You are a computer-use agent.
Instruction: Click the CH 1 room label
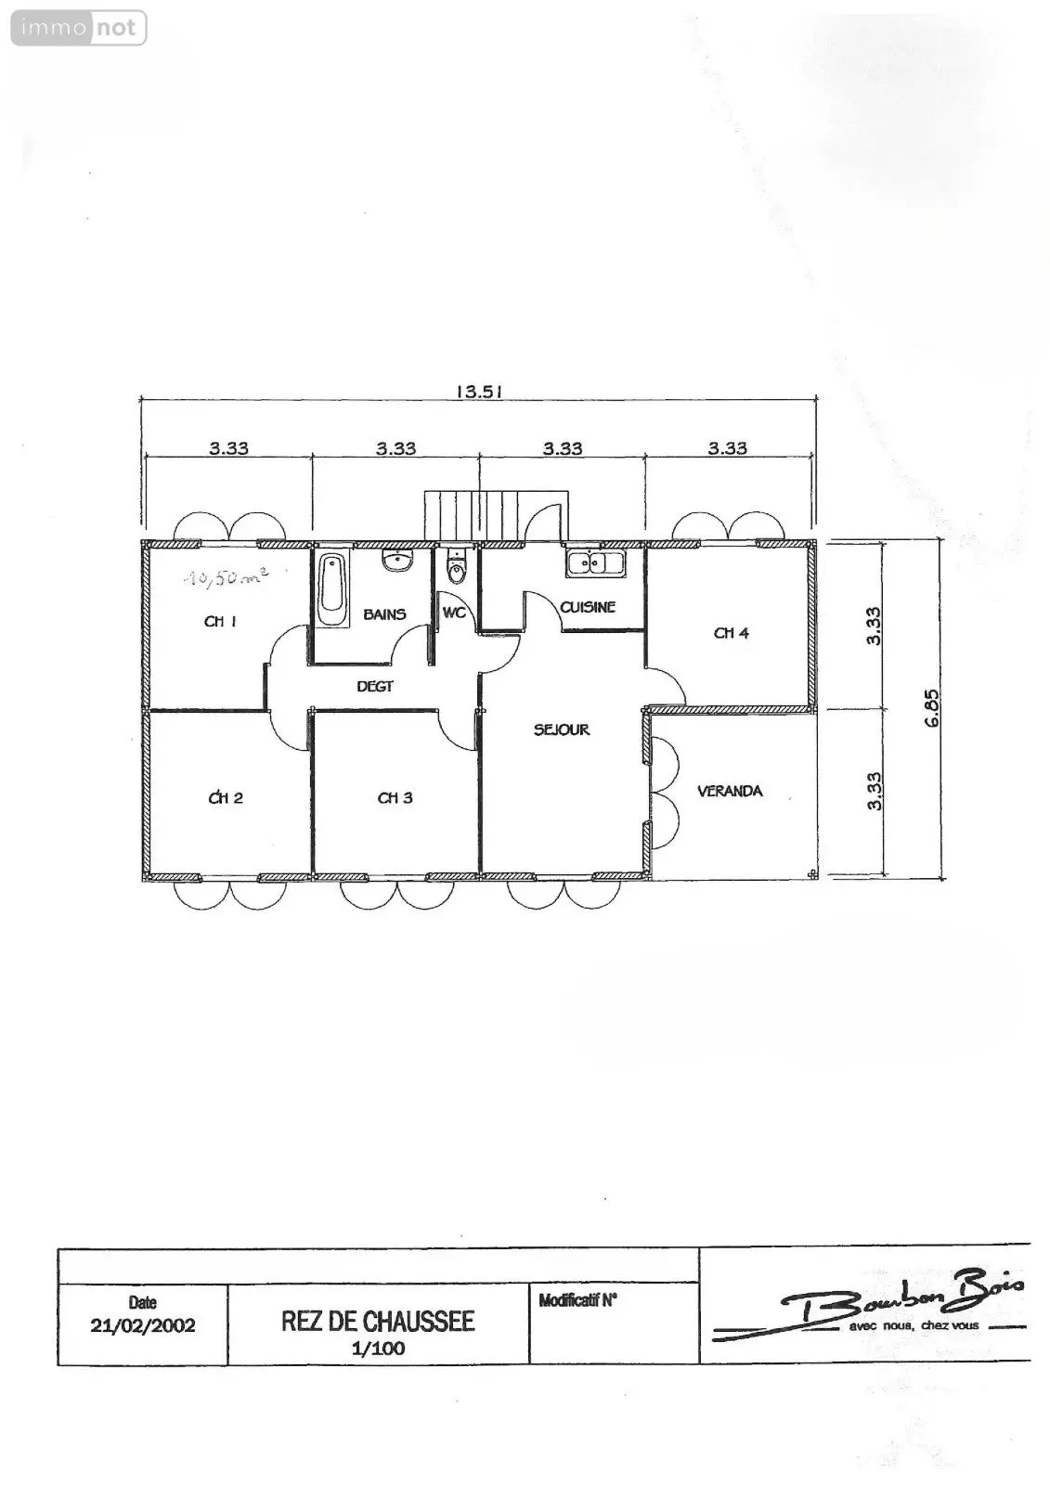click(x=220, y=621)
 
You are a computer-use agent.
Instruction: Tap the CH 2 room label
click(x=226, y=797)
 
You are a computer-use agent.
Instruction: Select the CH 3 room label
click(x=395, y=797)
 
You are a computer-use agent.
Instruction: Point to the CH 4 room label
click(x=731, y=633)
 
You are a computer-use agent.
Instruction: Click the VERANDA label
click(x=730, y=791)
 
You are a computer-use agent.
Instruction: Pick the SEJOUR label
click(x=562, y=730)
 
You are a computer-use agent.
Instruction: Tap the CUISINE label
click(x=588, y=607)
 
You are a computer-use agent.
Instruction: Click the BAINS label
click(x=384, y=614)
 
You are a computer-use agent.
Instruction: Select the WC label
click(x=454, y=613)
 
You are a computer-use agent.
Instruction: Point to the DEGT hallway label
click(x=375, y=686)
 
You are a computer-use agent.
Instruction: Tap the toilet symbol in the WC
click(x=456, y=565)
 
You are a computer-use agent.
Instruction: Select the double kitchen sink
click(x=595, y=562)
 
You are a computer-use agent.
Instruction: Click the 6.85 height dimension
click(x=932, y=709)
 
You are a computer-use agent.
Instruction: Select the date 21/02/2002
click(x=143, y=1325)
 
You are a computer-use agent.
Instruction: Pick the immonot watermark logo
click(x=79, y=28)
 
